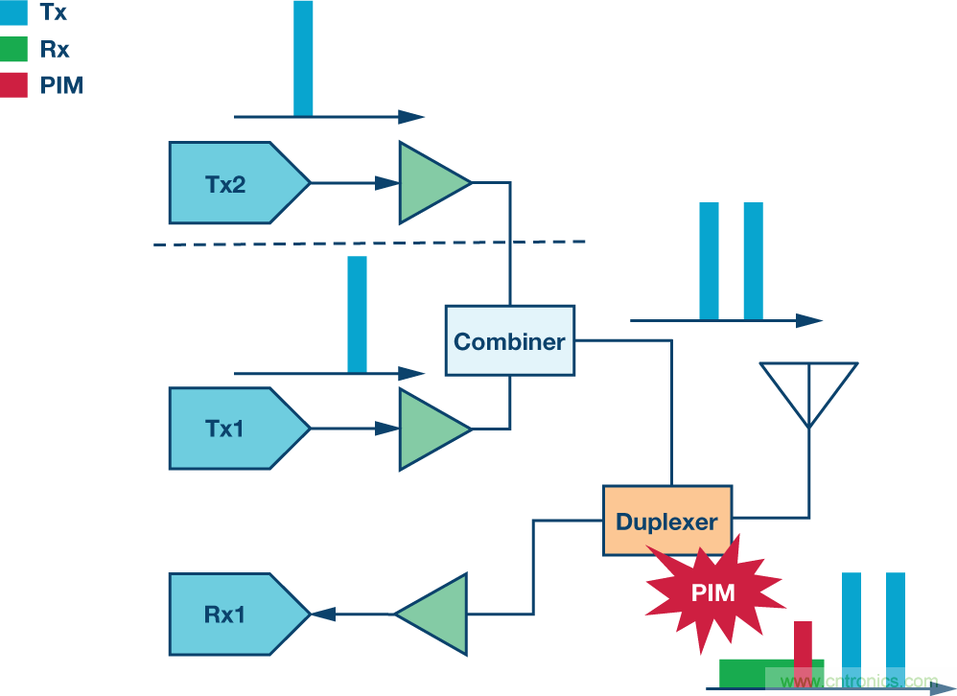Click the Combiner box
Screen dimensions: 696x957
pyautogui.click(x=509, y=340)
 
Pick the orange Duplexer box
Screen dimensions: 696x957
pyautogui.click(x=666, y=521)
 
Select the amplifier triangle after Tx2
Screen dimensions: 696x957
pyautogui.click(x=430, y=182)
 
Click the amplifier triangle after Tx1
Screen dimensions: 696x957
pyautogui.click(x=430, y=429)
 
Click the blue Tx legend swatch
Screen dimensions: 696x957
pyautogui.click(x=14, y=12)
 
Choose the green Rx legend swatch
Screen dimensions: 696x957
pyautogui.click(x=14, y=49)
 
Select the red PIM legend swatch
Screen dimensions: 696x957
pyautogui.click(x=14, y=84)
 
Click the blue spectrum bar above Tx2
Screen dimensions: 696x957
pyautogui.click(x=303, y=58)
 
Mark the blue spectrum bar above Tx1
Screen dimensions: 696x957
pyautogui.click(x=357, y=313)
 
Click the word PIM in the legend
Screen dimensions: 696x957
pyautogui.click(x=62, y=85)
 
